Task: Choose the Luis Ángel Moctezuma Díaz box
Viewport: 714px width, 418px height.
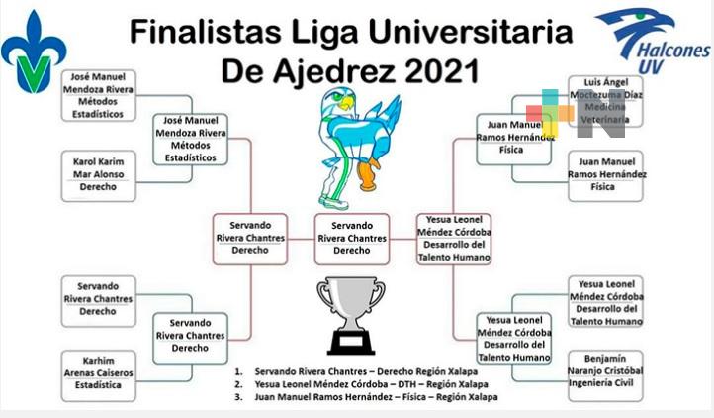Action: (x=605, y=101)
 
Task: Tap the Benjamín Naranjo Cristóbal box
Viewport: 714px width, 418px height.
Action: (x=605, y=375)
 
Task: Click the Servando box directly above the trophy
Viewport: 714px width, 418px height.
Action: (x=352, y=238)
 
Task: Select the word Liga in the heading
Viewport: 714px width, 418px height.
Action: (x=311, y=33)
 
